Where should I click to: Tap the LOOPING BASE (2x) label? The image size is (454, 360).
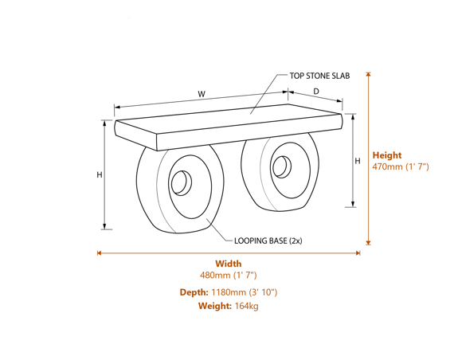268,241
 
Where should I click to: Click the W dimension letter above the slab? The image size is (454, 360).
202,95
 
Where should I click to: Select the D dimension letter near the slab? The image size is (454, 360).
315,92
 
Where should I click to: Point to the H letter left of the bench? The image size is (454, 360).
100,174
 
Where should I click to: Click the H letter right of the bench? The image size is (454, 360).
358,162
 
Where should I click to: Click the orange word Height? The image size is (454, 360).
387,155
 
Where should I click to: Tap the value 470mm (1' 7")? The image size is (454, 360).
401,167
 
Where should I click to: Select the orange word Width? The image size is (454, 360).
228,264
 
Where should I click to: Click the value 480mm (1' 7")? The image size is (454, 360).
228,276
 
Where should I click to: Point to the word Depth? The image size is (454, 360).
194,292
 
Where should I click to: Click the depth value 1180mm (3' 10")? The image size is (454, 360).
245,292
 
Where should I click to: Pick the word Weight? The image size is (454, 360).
214,306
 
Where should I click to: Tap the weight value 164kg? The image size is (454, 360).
246,306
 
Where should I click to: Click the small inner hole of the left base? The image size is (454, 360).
180,183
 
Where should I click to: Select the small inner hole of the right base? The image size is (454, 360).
280,166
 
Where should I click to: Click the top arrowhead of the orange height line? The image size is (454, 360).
368,75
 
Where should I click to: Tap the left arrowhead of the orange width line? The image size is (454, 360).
100,253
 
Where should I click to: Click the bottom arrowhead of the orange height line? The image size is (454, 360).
368,242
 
